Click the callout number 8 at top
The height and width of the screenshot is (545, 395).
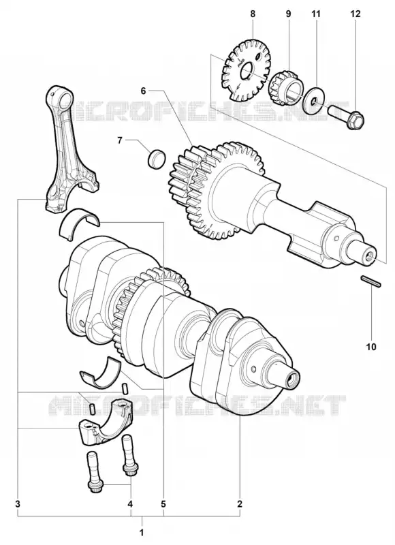(253, 14)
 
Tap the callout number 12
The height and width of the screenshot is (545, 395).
(356, 14)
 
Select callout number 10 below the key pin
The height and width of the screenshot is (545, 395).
(371, 347)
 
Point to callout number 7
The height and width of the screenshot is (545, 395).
(119, 140)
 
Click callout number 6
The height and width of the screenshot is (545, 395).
(144, 91)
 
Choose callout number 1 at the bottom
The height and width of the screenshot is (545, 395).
(142, 532)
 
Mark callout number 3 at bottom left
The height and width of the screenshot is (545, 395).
(18, 503)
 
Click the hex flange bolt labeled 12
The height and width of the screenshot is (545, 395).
(347, 116)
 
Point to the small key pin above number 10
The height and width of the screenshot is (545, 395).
(371, 281)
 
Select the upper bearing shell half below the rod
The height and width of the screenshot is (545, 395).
(80, 222)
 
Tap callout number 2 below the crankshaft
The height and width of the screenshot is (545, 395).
(239, 503)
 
